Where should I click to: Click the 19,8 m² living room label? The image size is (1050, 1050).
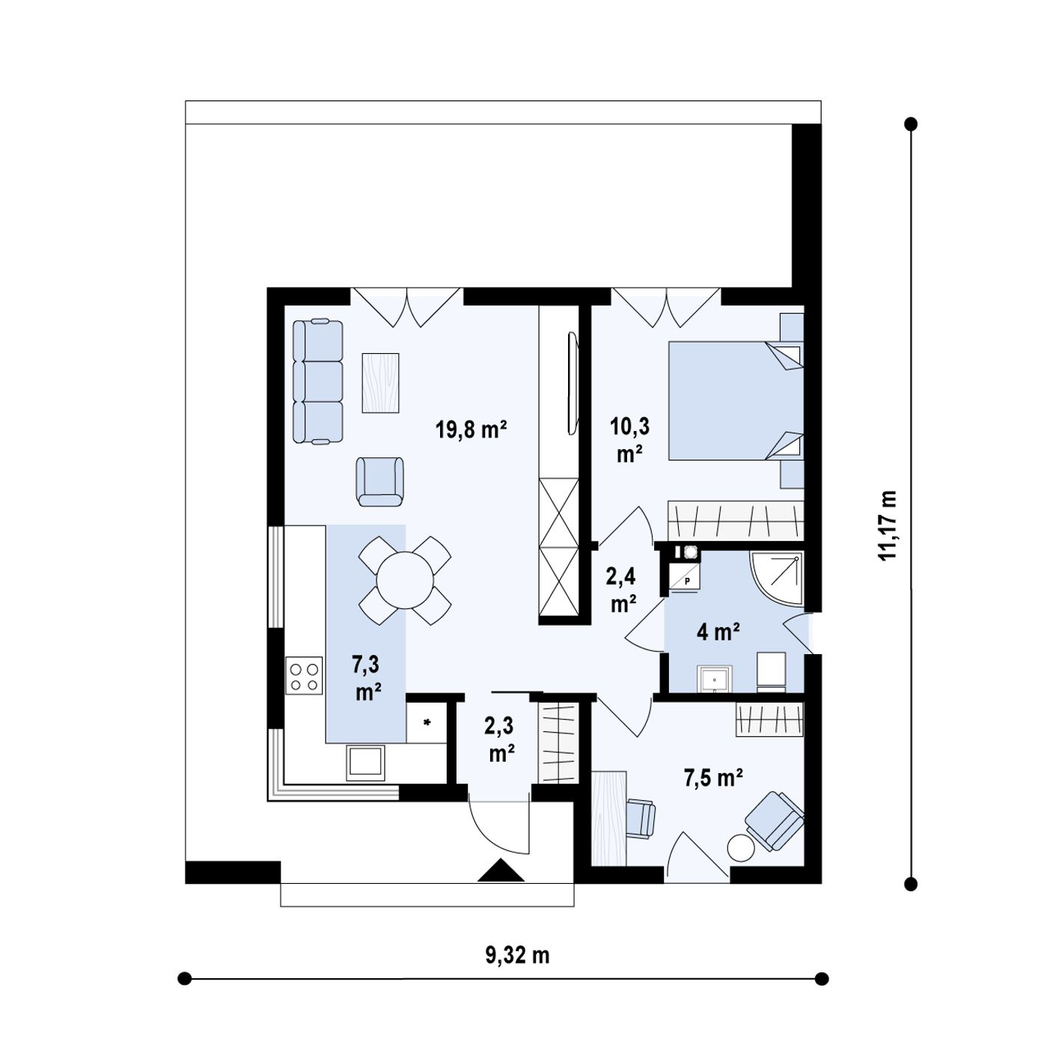[x=471, y=430]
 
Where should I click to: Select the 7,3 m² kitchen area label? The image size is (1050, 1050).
[x=367, y=678]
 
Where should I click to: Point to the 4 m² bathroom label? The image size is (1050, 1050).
[x=718, y=632]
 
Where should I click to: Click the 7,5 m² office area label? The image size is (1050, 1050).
[x=713, y=778]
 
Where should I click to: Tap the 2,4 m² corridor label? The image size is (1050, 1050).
[x=622, y=590]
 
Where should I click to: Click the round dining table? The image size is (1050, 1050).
[x=405, y=580]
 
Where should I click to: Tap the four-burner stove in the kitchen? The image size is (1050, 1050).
[x=304, y=676]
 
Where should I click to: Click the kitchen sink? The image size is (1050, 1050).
[x=365, y=762]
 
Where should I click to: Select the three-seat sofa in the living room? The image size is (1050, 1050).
[x=317, y=382]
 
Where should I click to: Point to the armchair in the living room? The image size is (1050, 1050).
[x=379, y=482]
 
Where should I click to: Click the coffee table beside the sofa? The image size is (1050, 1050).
[x=379, y=382]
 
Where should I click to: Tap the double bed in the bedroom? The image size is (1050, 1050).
[x=736, y=400]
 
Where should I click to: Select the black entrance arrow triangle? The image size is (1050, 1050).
[x=501, y=870]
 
